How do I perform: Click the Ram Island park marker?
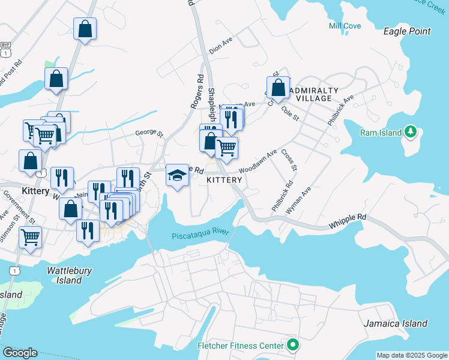(x=411, y=131)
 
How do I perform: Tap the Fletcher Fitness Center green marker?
(x=292, y=345)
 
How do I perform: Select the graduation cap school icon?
(x=176, y=175)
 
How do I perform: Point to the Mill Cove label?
(x=345, y=25)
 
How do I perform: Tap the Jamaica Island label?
(x=396, y=323)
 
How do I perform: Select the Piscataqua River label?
(x=200, y=236)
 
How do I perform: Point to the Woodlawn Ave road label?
(x=258, y=162)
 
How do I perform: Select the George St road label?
(x=149, y=133)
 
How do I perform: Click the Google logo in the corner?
(x=19, y=353)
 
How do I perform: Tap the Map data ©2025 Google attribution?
(x=412, y=355)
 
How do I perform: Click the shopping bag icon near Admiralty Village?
(x=278, y=88)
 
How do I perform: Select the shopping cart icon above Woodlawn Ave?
(x=226, y=147)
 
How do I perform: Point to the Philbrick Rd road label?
(x=282, y=196)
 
